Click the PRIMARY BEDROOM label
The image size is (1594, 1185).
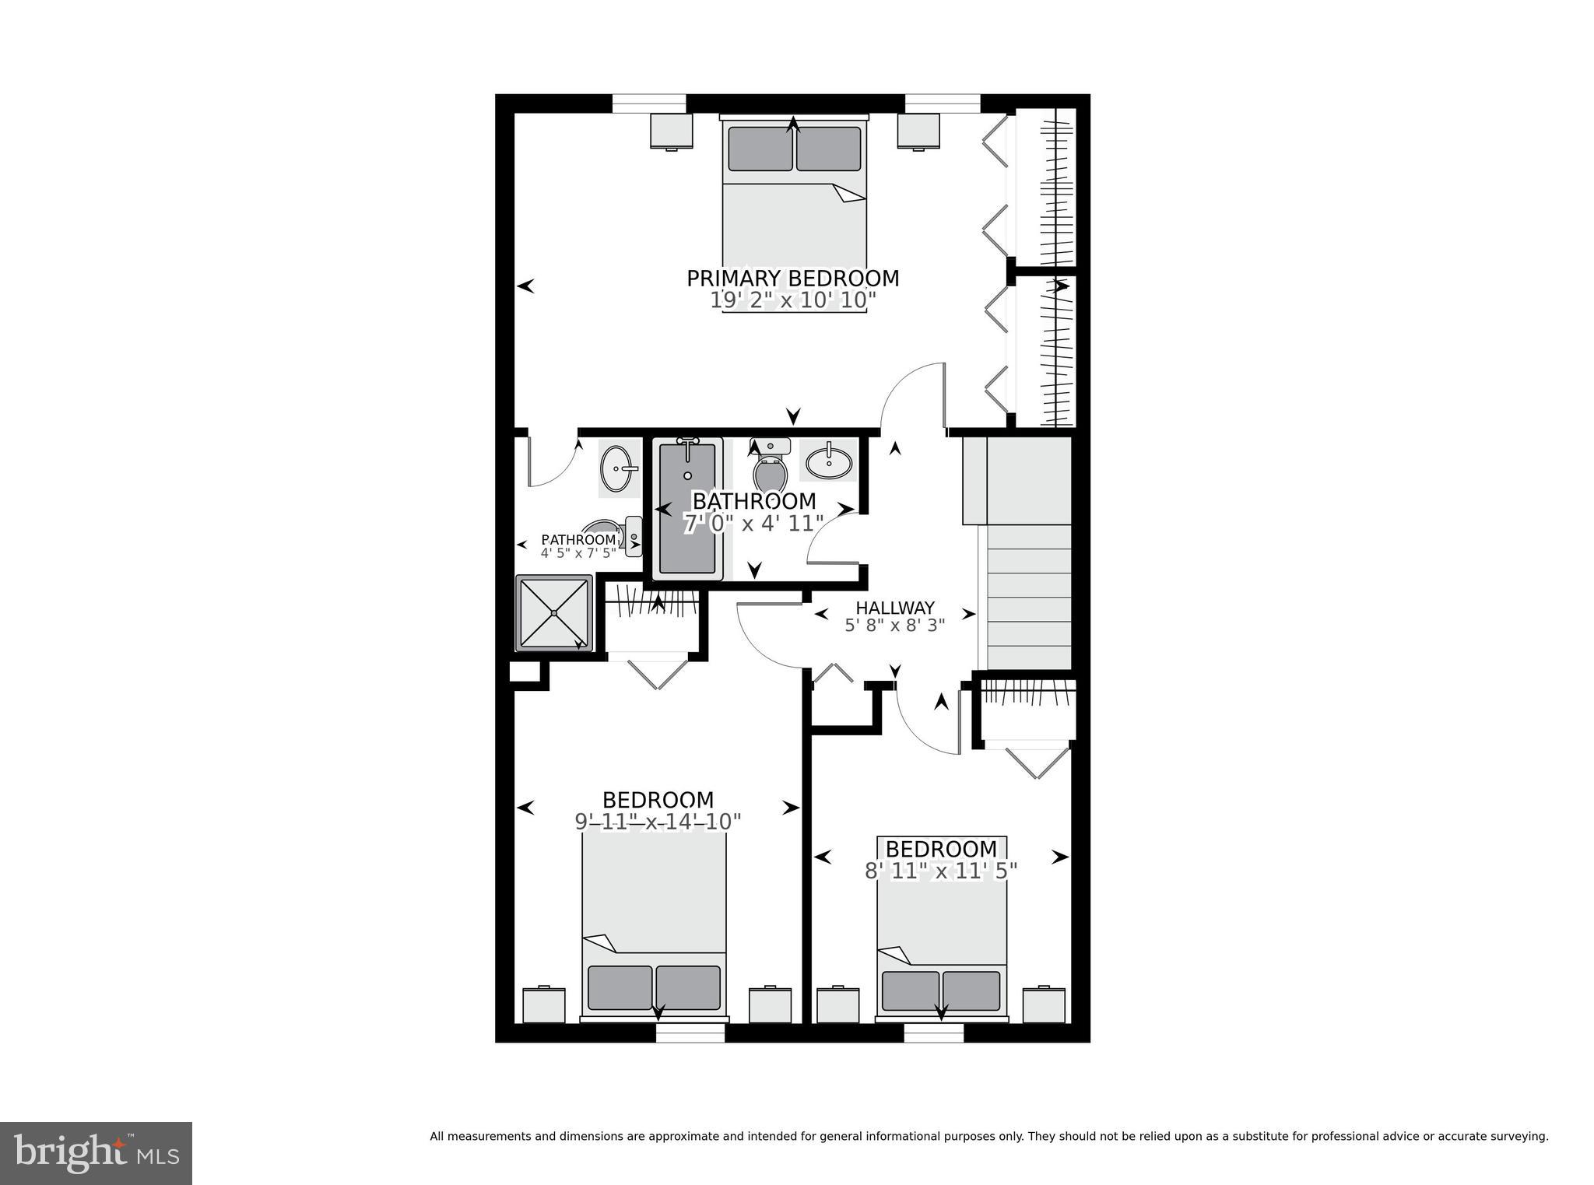792,278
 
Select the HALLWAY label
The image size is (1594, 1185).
894,608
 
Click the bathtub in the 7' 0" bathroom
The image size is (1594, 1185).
687,507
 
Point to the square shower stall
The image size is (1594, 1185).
554,613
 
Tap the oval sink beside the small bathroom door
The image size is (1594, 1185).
618,468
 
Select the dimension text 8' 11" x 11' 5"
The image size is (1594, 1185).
941,871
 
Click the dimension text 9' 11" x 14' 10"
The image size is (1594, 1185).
658,821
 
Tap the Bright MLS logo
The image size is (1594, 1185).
96,1153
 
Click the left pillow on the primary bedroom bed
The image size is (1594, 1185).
760,149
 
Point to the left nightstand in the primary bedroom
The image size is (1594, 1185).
671,131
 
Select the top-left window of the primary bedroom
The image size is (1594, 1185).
648,103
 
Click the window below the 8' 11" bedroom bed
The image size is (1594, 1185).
933,1032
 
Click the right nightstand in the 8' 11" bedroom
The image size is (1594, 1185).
1043,1004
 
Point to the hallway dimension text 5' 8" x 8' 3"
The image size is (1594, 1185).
894,624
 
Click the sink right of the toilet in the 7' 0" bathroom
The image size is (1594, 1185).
829,463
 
